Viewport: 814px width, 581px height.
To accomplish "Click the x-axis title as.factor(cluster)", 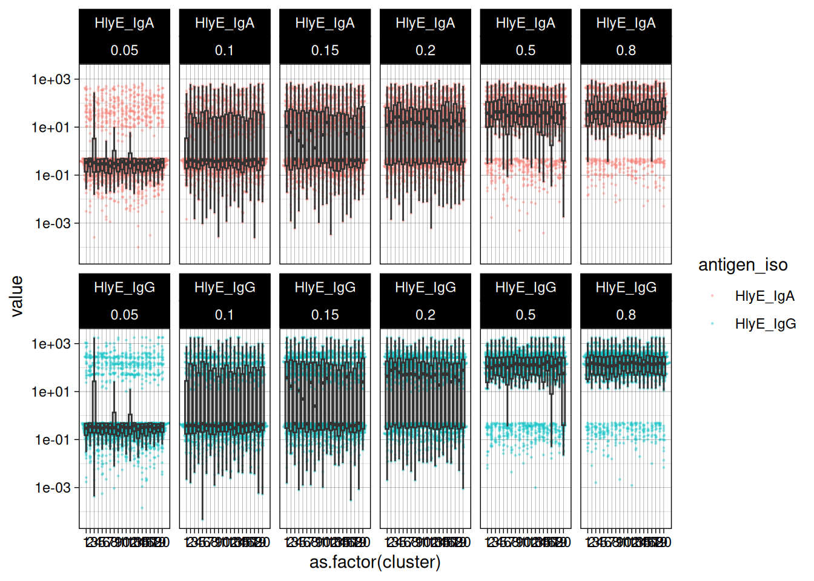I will [x=375, y=562].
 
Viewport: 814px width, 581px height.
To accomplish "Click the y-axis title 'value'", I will [x=17, y=296].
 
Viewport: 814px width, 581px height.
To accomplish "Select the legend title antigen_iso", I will [x=743, y=265].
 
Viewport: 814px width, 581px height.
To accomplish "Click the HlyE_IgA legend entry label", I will [x=764, y=297].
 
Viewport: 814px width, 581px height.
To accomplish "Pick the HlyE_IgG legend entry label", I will [x=765, y=324].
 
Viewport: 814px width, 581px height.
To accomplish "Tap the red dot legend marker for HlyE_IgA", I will [x=712, y=296].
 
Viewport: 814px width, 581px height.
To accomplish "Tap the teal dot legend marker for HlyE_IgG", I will [x=712, y=324].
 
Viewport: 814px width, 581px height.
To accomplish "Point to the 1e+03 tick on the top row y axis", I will [x=51, y=79].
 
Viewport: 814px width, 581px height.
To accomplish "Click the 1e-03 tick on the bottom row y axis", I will [x=51, y=488].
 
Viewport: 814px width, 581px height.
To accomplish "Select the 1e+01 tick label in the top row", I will [x=51, y=128].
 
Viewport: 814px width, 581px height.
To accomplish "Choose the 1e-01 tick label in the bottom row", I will [x=51, y=440].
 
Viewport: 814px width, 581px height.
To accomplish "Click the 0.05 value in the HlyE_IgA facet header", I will [x=124, y=51].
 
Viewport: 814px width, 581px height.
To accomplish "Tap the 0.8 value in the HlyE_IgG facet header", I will [x=626, y=315].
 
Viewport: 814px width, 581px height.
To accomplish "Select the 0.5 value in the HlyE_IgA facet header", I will [x=526, y=51].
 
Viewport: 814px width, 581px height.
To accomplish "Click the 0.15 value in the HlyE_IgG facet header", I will [x=325, y=315].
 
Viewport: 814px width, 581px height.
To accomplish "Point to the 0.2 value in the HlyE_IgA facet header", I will [x=425, y=51].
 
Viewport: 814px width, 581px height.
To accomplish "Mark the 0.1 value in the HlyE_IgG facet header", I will [x=225, y=315].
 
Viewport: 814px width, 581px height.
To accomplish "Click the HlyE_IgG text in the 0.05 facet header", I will [x=124, y=287].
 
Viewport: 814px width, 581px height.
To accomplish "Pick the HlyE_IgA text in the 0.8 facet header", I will [x=626, y=24].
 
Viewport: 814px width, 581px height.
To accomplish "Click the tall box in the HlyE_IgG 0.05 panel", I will [x=94, y=402].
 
